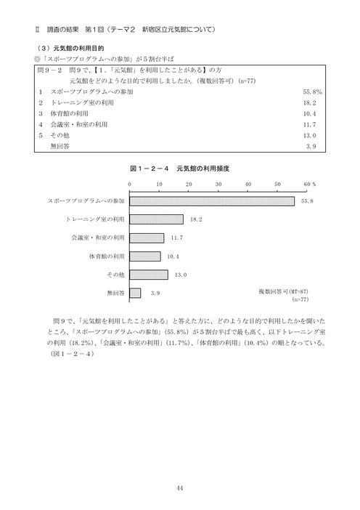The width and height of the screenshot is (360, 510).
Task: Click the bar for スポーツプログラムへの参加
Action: pyautogui.click(x=212, y=201)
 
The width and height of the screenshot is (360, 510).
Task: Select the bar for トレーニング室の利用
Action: pyautogui.click(x=156, y=219)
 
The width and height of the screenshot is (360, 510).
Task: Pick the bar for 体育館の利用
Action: pyautogui.click(x=144, y=256)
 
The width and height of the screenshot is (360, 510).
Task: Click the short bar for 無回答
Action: pyautogui.click(x=135, y=294)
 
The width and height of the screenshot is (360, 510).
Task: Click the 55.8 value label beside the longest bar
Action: pyautogui.click(x=306, y=201)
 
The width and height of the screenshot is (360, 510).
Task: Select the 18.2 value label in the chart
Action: pyautogui.click(x=195, y=219)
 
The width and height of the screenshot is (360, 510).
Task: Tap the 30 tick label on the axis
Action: pyautogui.click(x=218, y=185)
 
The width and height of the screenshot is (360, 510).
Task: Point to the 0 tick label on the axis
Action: pyautogui.click(x=130, y=185)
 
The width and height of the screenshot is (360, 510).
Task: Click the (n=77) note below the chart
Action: pyautogui.click(x=300, y=299)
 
